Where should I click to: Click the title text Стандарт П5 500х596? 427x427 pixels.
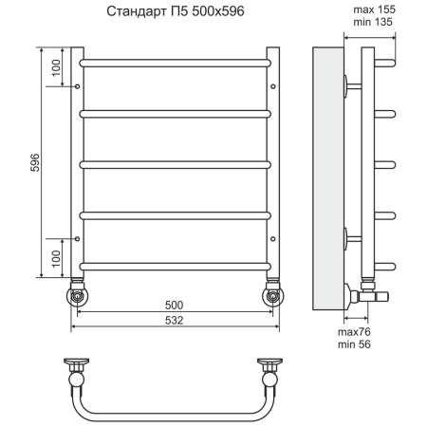tap(176, 11)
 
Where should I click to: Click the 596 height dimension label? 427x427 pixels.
tap(35, 162)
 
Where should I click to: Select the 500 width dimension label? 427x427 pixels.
tap(174, 305)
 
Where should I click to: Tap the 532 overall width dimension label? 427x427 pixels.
tap(174, 320)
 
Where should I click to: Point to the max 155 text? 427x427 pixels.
tap(374, 9)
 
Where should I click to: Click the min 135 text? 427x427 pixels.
tap(373, 22)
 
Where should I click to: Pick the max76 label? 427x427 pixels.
tap(354, 332)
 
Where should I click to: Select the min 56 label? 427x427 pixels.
tap(354, 344)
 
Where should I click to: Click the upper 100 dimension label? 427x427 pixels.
tap(56, 67)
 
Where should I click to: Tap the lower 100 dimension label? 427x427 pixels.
tap(56, 259)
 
